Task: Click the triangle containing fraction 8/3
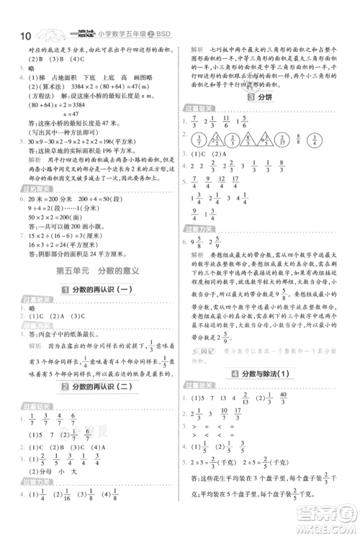[244, 142]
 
